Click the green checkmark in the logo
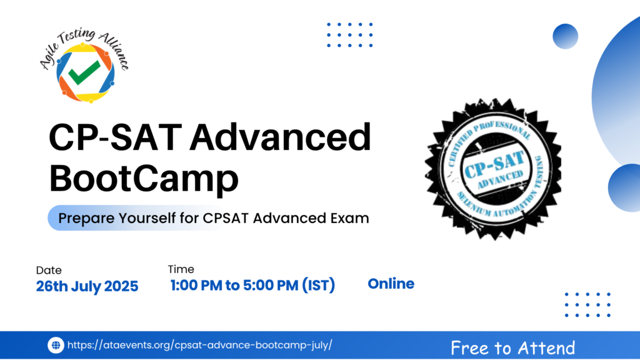click(x=84, y=72)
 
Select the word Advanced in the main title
click(x=280, y=137)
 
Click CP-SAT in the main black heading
click(x=115, y=137)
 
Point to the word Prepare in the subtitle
click(x=86, y=218)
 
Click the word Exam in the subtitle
click(x=350, y=218)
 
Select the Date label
click(x=49, y=270)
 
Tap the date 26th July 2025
click(x=87, y=286)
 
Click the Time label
click(x=181, y=269)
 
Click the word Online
click(x=391, y=284)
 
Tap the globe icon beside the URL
click(x=56, y=345)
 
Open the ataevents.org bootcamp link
click(x=199, y=345)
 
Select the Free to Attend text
click(x=512, y=348)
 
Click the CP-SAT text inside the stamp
click(x=494, y=164)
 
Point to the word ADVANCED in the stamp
click(x=500, y=179)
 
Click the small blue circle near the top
click(x=565, y=36)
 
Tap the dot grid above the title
click(x=350, y=35)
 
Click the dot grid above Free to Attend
click(x=587, y=304)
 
